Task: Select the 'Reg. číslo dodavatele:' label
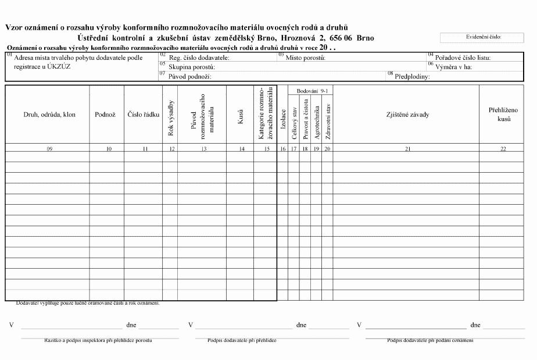(x=199, y=58)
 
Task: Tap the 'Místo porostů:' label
(x=305, y=58)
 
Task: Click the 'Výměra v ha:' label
(x=454, y=67)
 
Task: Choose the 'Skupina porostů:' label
(x=191, y=67)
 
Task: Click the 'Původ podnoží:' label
(x=189, y=76)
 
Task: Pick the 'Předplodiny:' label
(x=412, y=76)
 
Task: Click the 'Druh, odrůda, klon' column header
(x=49, y=115)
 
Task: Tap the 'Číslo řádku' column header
(x=144, y=115)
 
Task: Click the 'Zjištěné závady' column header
(x=407, y=115)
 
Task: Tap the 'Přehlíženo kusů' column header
(x=500, y=114)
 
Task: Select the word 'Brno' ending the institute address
(x=365, y=38)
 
